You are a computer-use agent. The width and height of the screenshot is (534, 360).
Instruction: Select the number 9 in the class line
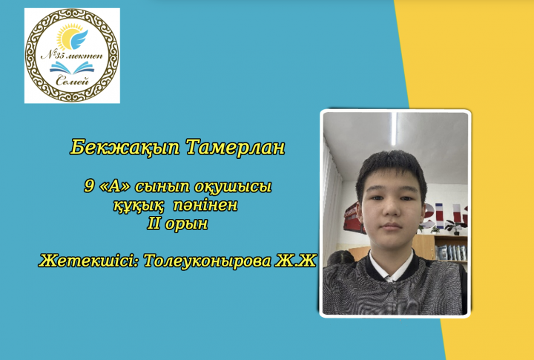pos(89,186)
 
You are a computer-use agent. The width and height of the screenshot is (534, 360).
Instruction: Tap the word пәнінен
pos(205,205)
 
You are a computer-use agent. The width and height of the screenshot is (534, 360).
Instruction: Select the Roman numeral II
pos(154,223)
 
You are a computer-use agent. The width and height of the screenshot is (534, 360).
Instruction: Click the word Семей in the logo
pos(72,80)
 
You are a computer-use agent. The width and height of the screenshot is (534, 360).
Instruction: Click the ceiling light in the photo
pos(394,129)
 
